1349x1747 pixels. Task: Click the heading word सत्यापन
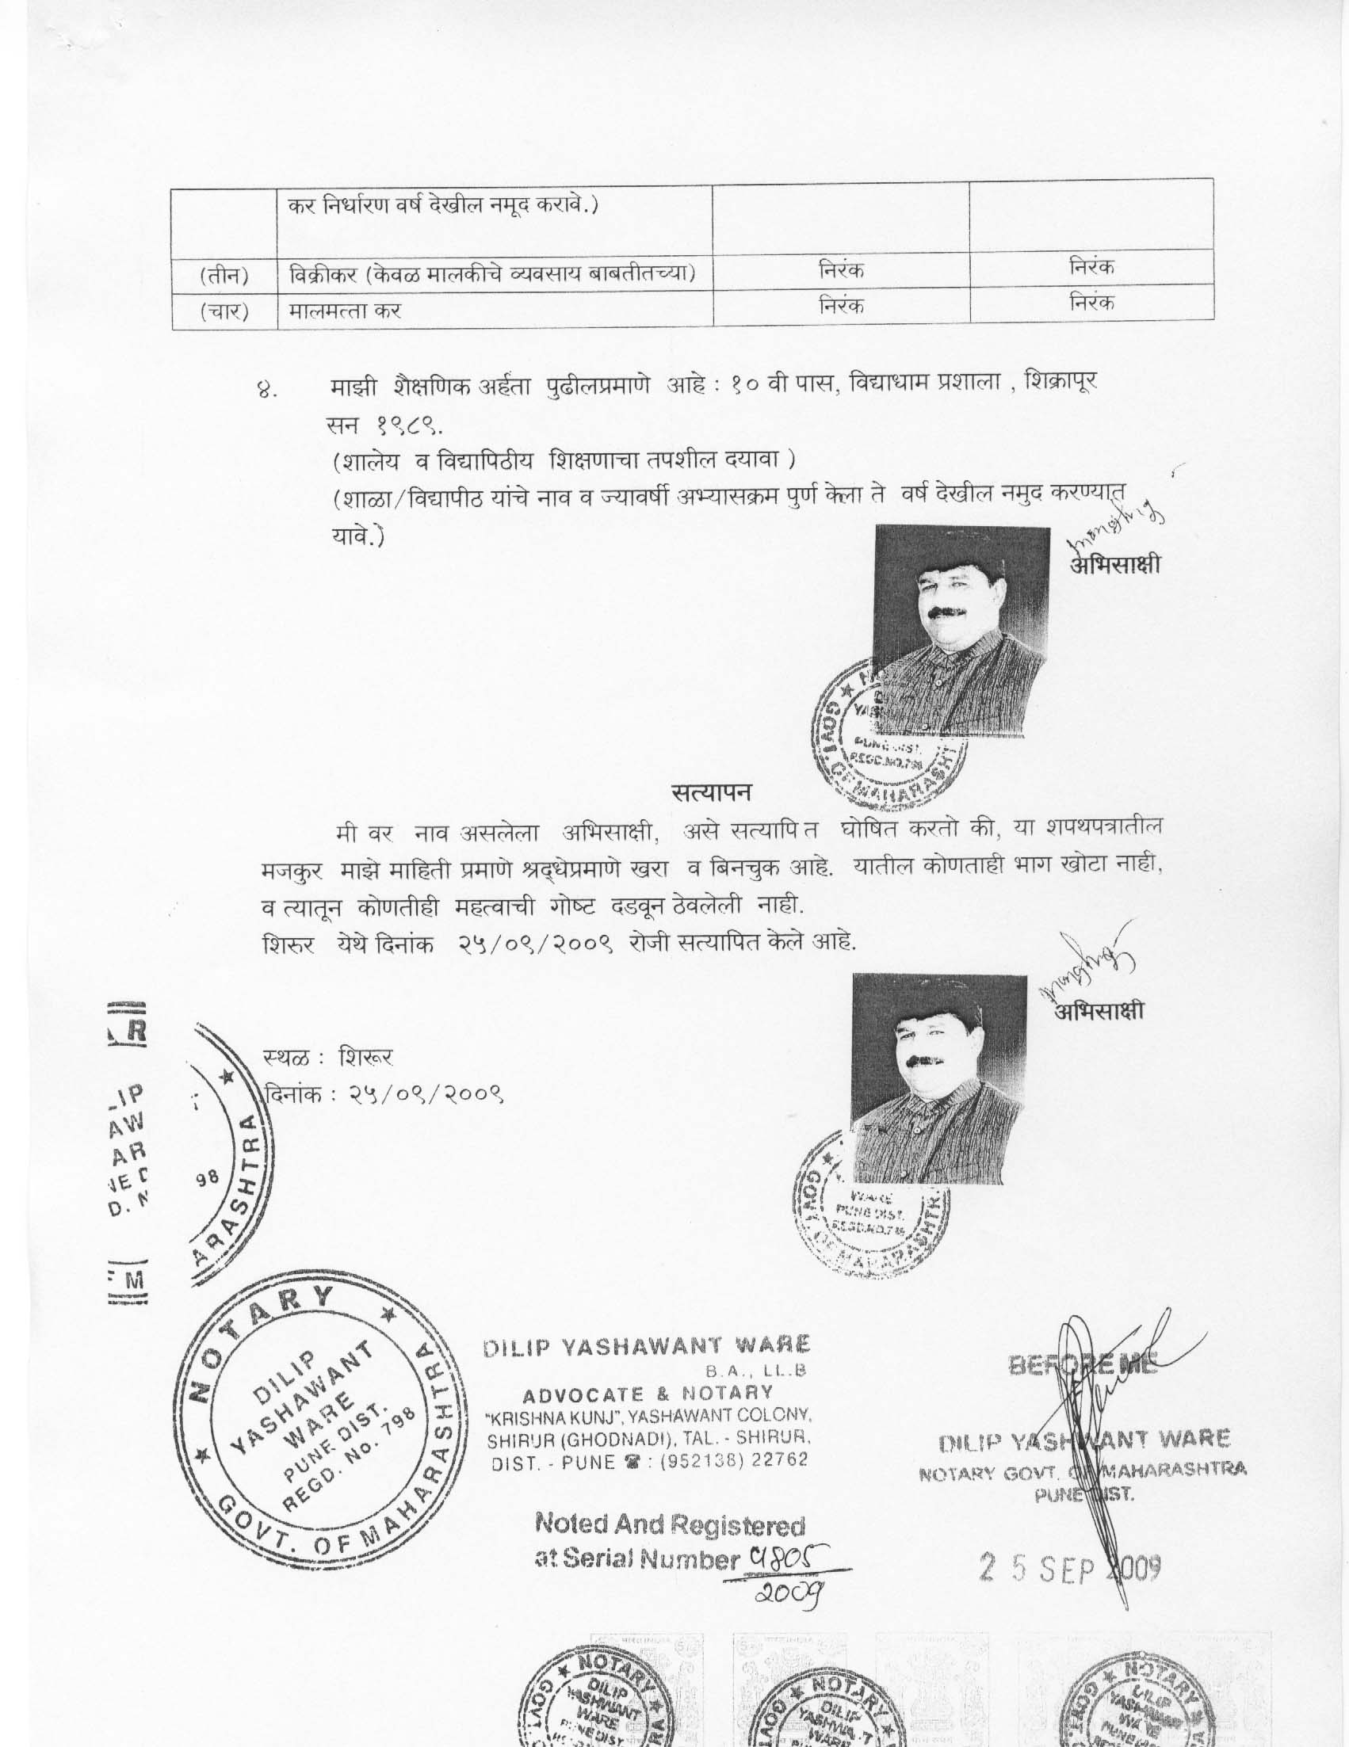pos(710,793)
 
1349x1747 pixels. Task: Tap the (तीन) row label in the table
pos(223,277)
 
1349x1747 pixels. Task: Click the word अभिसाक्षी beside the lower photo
pos(1099,1011)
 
